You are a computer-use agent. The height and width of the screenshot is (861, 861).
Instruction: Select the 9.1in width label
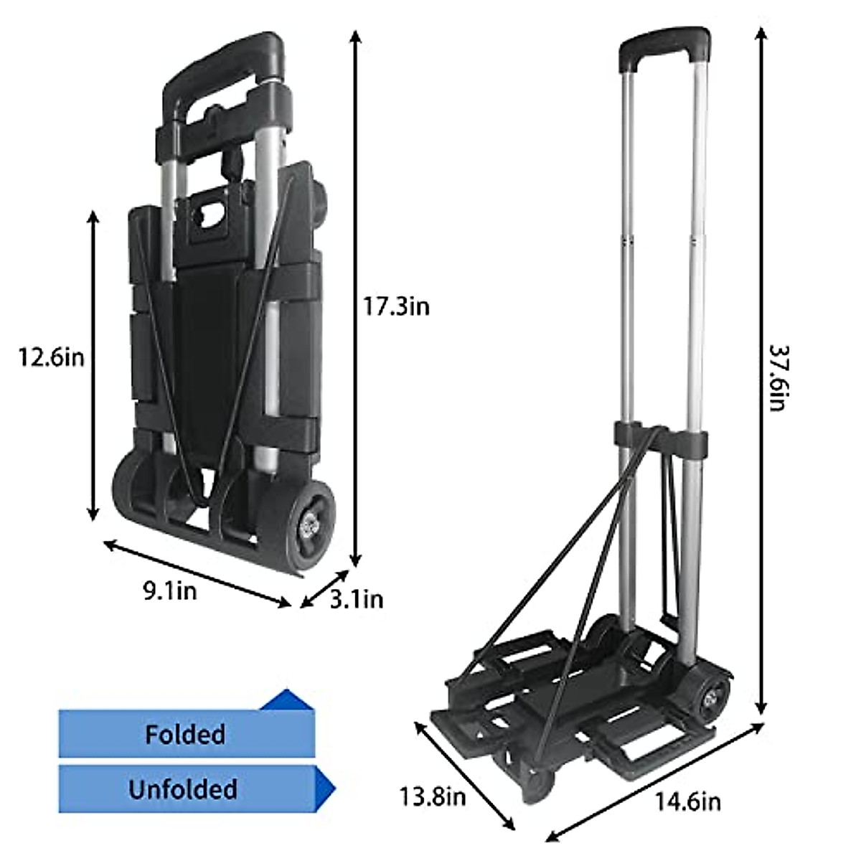pyautogui.click(x=169, y=591)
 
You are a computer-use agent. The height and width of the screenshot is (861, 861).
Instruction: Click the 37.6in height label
pyautogui.click(x=778, y=377)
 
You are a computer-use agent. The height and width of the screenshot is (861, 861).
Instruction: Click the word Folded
pyautogui.click(x=185, y=734)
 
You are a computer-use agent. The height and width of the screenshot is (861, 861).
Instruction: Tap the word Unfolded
pyautogui.click(x=183, y=789)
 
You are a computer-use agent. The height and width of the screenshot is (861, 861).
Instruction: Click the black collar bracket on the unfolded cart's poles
pyautogui.click(x=660, y=438)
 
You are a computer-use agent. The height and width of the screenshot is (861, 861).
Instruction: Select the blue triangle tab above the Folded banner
pyautogui.click(x=288, y=700)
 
